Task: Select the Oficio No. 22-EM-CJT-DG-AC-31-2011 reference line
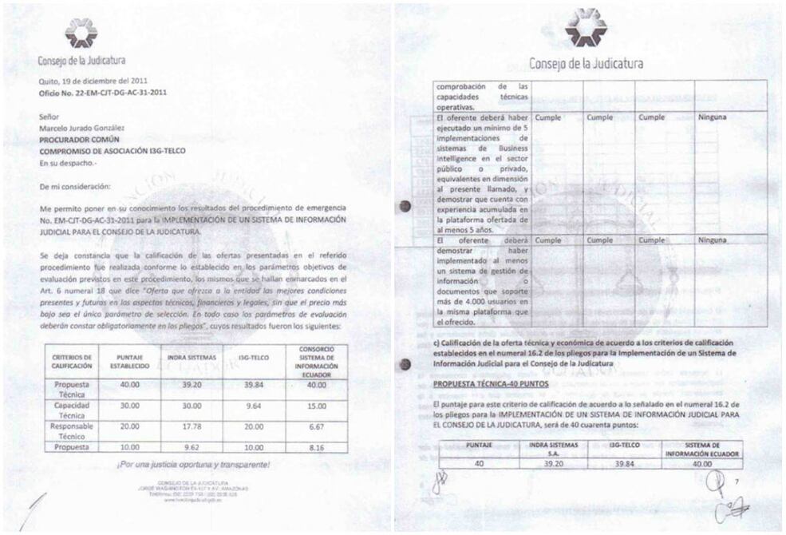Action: [x=103, y=92]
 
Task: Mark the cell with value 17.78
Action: [x=191, y=426]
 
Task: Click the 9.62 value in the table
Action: [x=191, y=448]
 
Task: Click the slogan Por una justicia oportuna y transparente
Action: [x=194, y=465]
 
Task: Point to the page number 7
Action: [x=737, y=481]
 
